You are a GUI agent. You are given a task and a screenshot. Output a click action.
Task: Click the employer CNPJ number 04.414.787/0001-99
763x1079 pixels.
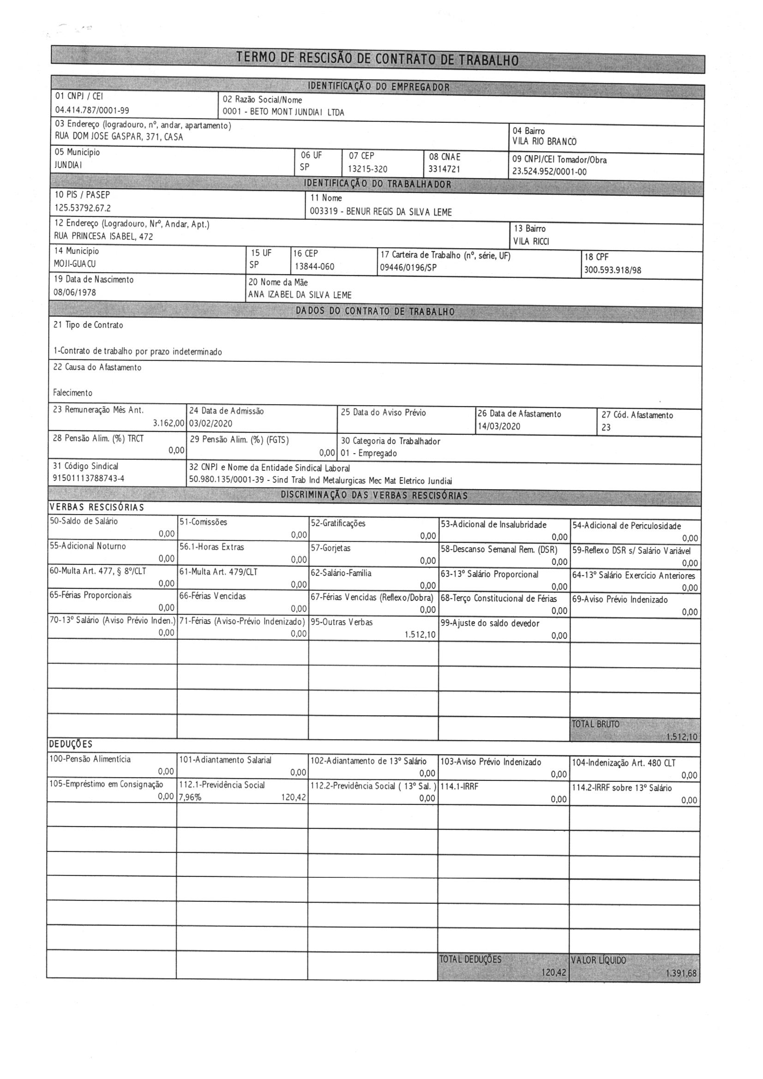coord(92,110)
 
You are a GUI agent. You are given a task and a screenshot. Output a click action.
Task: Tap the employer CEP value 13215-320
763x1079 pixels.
coord(367,169)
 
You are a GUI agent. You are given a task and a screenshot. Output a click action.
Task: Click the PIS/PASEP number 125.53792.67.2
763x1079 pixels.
coord(83,208)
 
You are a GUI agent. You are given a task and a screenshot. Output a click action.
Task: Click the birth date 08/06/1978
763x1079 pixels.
coord(75,292)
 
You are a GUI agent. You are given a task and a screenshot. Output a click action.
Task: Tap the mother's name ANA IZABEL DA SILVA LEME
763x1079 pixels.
coord(300,295)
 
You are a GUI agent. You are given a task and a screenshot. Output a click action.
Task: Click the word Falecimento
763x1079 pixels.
coord(73,393)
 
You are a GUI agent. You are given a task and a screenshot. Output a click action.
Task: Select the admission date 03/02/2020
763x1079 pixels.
coord(210,423)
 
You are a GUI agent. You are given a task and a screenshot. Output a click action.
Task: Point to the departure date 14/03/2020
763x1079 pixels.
coord(499,426)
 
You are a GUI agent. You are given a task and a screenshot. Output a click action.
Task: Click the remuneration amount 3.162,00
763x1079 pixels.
coord(169,423)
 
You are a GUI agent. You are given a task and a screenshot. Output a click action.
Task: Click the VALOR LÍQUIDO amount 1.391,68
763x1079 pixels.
coord(681,973)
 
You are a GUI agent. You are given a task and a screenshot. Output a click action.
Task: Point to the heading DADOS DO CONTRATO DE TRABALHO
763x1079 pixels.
coord(375,312)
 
